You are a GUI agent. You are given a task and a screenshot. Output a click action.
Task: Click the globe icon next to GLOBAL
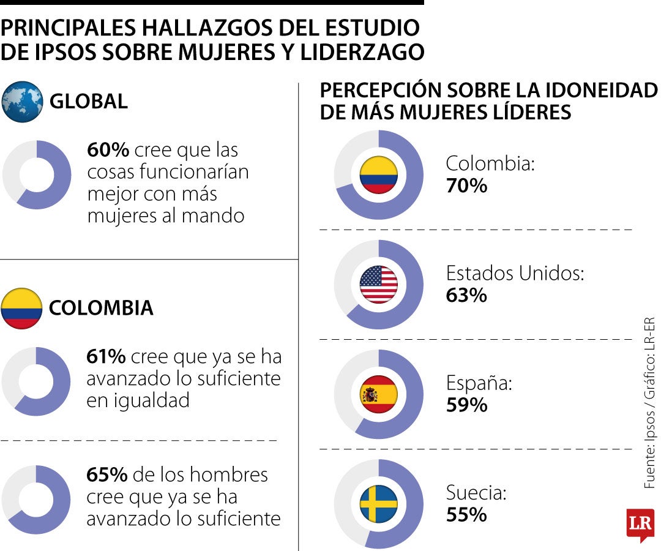tap(23, 102)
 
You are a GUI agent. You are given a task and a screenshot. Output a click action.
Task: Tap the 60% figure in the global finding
tap(108, 150)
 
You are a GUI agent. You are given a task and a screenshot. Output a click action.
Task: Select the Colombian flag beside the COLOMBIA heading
tap(22, 308)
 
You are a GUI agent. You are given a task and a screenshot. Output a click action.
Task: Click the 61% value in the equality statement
tap(106, 357)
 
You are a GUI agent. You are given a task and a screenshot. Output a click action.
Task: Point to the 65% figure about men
tap(107, 474)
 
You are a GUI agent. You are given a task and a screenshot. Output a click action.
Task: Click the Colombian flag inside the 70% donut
tap(378, 175)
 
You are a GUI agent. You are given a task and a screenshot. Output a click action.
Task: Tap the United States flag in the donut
tap(378, 285)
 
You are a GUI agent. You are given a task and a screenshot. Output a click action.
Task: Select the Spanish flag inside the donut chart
tap(378, 394)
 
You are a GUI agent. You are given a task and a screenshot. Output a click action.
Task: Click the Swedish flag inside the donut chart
tap(378, 504)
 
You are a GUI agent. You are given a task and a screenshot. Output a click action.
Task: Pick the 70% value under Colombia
tap(466, 186)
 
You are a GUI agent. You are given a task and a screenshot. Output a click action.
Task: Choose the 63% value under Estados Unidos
tap(466, 295)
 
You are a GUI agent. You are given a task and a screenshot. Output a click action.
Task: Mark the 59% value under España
tap(466, 405)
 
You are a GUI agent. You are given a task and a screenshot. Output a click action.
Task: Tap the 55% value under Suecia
tap(466, 515)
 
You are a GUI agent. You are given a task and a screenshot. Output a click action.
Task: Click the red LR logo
tap(640, 524)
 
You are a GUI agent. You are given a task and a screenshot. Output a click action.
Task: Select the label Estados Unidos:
tap(515, 273)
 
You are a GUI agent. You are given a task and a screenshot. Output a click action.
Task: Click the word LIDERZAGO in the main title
tap(362, 53)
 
